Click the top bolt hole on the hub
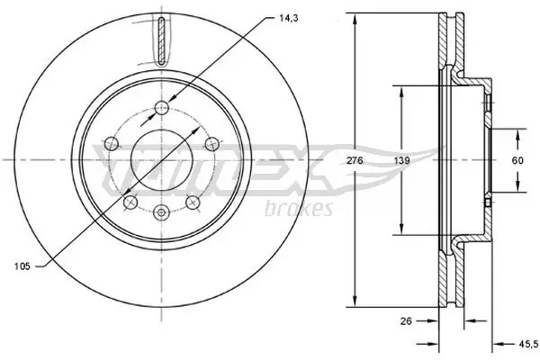[x=162, y=109]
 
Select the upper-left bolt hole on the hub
[x=112, y=142]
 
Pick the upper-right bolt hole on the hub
[x=212, y=142]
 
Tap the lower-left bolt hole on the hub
[x=130, y=202]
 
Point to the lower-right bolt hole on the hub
[x=193, y=202]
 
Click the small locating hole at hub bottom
[x=162, y=212]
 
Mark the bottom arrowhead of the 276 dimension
[x=357, y=304]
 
